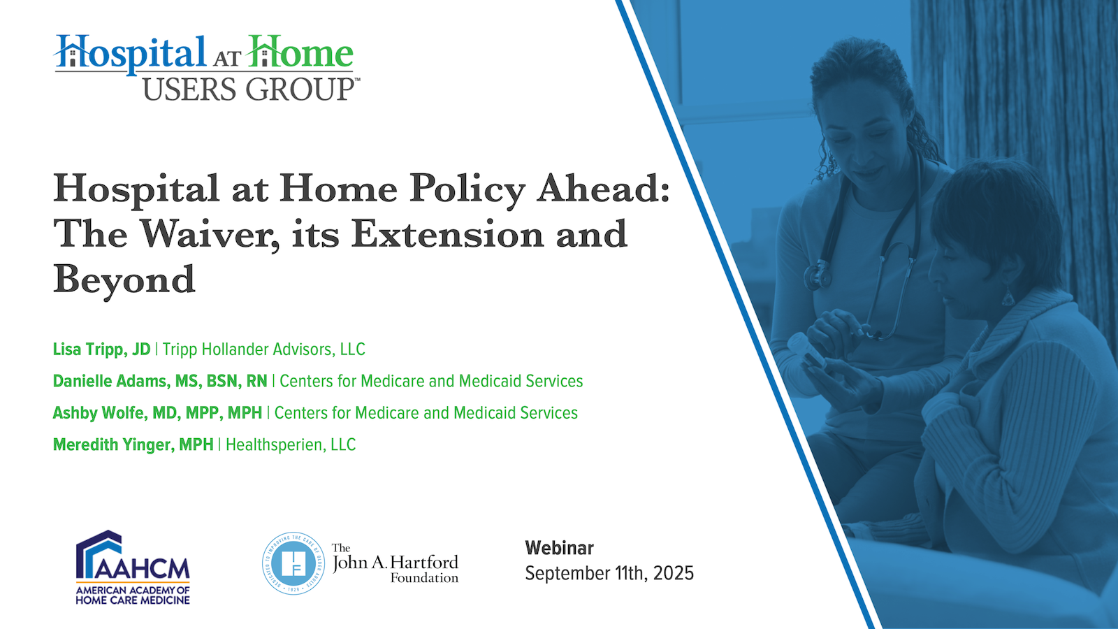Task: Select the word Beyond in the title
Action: tap(124, 280)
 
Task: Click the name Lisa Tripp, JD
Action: tap(101, 349)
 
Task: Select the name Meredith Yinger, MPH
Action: tap(133, 444)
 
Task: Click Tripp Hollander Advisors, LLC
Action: tap(264, 349)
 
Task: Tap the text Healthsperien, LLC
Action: tap(291, 444)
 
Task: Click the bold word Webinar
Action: tap(560, 548)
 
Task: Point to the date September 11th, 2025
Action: tap(609, 573)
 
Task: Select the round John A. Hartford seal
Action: tap(293, 563)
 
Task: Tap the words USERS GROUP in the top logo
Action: tap(248, 89)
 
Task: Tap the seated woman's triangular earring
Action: tap(1008, 297)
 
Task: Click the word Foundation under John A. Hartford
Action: tap(424, 578)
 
